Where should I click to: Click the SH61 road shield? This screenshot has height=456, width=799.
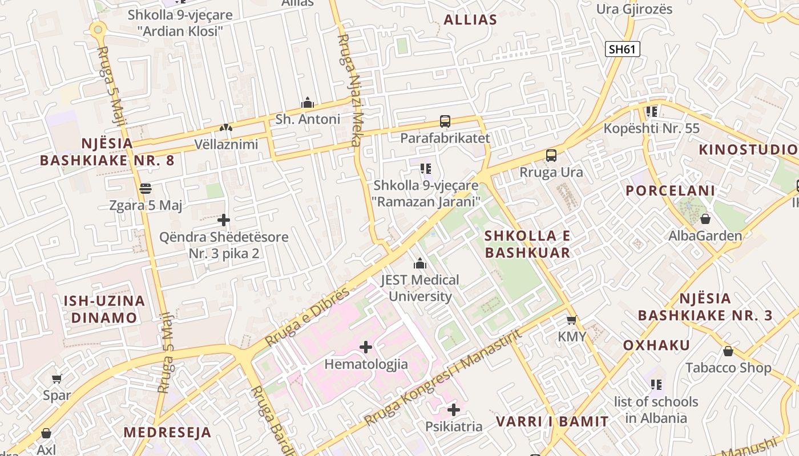[622, 49]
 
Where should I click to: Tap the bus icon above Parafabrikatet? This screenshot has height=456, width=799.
[445, 121]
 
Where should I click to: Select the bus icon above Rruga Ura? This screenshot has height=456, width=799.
[551, 156]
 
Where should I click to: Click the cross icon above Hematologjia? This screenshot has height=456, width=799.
[366, 347]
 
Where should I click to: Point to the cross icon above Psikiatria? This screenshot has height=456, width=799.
[454, 410]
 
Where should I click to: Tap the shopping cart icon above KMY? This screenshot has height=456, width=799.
[571, 320]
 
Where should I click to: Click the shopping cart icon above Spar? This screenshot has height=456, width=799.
[57, 378]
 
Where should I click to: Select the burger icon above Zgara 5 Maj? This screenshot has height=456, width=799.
[145, 189]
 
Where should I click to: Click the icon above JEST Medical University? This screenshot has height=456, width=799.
[420, 263]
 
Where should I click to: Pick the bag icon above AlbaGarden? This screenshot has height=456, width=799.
[705, 219]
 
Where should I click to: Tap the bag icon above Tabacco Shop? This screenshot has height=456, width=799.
[728, 351]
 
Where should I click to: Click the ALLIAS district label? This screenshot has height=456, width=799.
[470, 20]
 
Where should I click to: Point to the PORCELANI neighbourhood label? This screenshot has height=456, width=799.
[670, 191]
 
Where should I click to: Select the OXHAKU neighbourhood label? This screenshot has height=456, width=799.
[656, 345]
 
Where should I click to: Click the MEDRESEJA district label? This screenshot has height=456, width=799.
[167, 432]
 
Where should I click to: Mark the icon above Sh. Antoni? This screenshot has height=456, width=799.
[308, 103]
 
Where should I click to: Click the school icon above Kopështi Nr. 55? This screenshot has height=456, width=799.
[652, 112]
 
